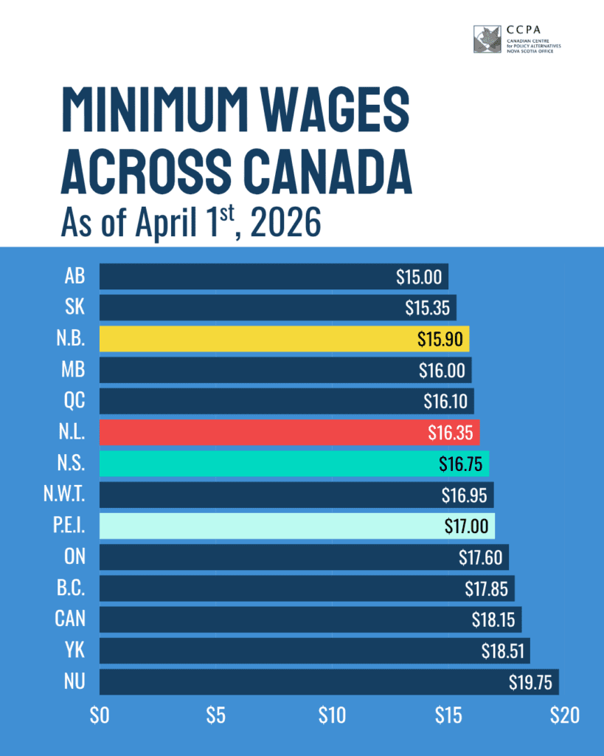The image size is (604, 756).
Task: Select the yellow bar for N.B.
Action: [284, 339]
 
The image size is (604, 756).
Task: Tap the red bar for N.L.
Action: [289, 433]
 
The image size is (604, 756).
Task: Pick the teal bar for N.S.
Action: [294, 464]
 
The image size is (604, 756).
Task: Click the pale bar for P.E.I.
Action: [296, 526]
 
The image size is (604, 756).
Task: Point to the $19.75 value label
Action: [530, 683]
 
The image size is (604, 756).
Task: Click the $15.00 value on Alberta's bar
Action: [419, 278]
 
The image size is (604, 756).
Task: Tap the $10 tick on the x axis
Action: [332, 715]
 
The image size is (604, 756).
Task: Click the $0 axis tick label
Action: [99, 715]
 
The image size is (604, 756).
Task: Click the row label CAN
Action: [70, 619]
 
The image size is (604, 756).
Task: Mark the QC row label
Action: [74, 402]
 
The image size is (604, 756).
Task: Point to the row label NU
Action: [74, 681]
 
